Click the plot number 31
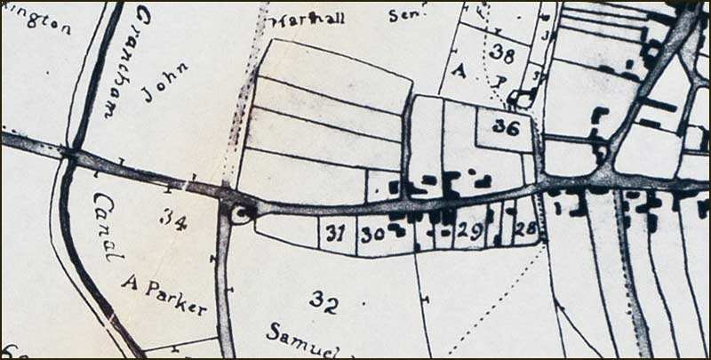tap(334, 236)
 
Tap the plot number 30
tap(371, 236)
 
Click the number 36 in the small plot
tap(506, 127)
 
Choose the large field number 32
tap(324, 301)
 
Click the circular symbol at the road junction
tap(241, 212)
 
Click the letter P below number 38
tap(500, 80)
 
